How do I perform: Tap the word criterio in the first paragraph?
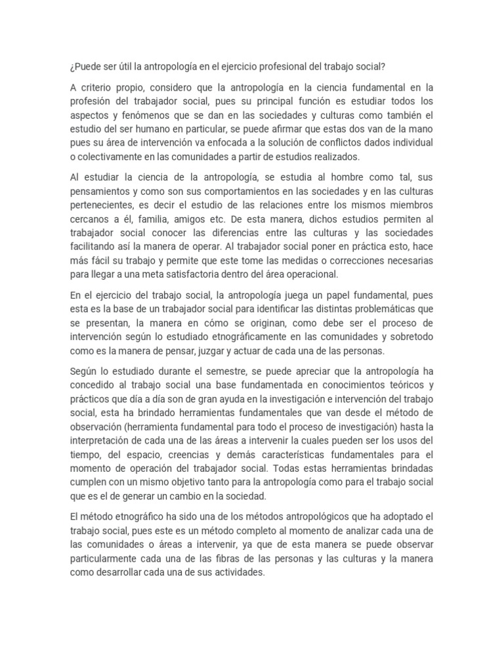click(x=99, y=88)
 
